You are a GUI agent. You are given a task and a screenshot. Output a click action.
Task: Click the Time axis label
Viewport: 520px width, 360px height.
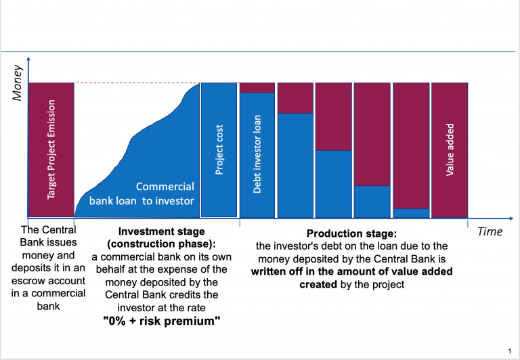point(490,231)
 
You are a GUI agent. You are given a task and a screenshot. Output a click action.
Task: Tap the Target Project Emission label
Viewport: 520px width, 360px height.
point(51,150)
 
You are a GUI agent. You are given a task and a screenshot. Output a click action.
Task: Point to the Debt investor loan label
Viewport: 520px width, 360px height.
point(257,154)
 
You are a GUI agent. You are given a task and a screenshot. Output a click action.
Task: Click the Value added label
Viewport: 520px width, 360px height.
point(450,150)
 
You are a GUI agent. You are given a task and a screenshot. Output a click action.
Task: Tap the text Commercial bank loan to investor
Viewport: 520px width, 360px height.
point(142,194)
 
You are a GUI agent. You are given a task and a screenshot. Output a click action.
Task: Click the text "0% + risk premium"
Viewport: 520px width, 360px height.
point(161,320)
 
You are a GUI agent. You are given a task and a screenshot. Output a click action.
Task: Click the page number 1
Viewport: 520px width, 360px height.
point(508,351)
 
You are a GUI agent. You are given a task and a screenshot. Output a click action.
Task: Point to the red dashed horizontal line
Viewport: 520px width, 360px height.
point(135,83)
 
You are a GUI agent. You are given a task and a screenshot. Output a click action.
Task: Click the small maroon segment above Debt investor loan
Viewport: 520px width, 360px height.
point(257,87)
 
